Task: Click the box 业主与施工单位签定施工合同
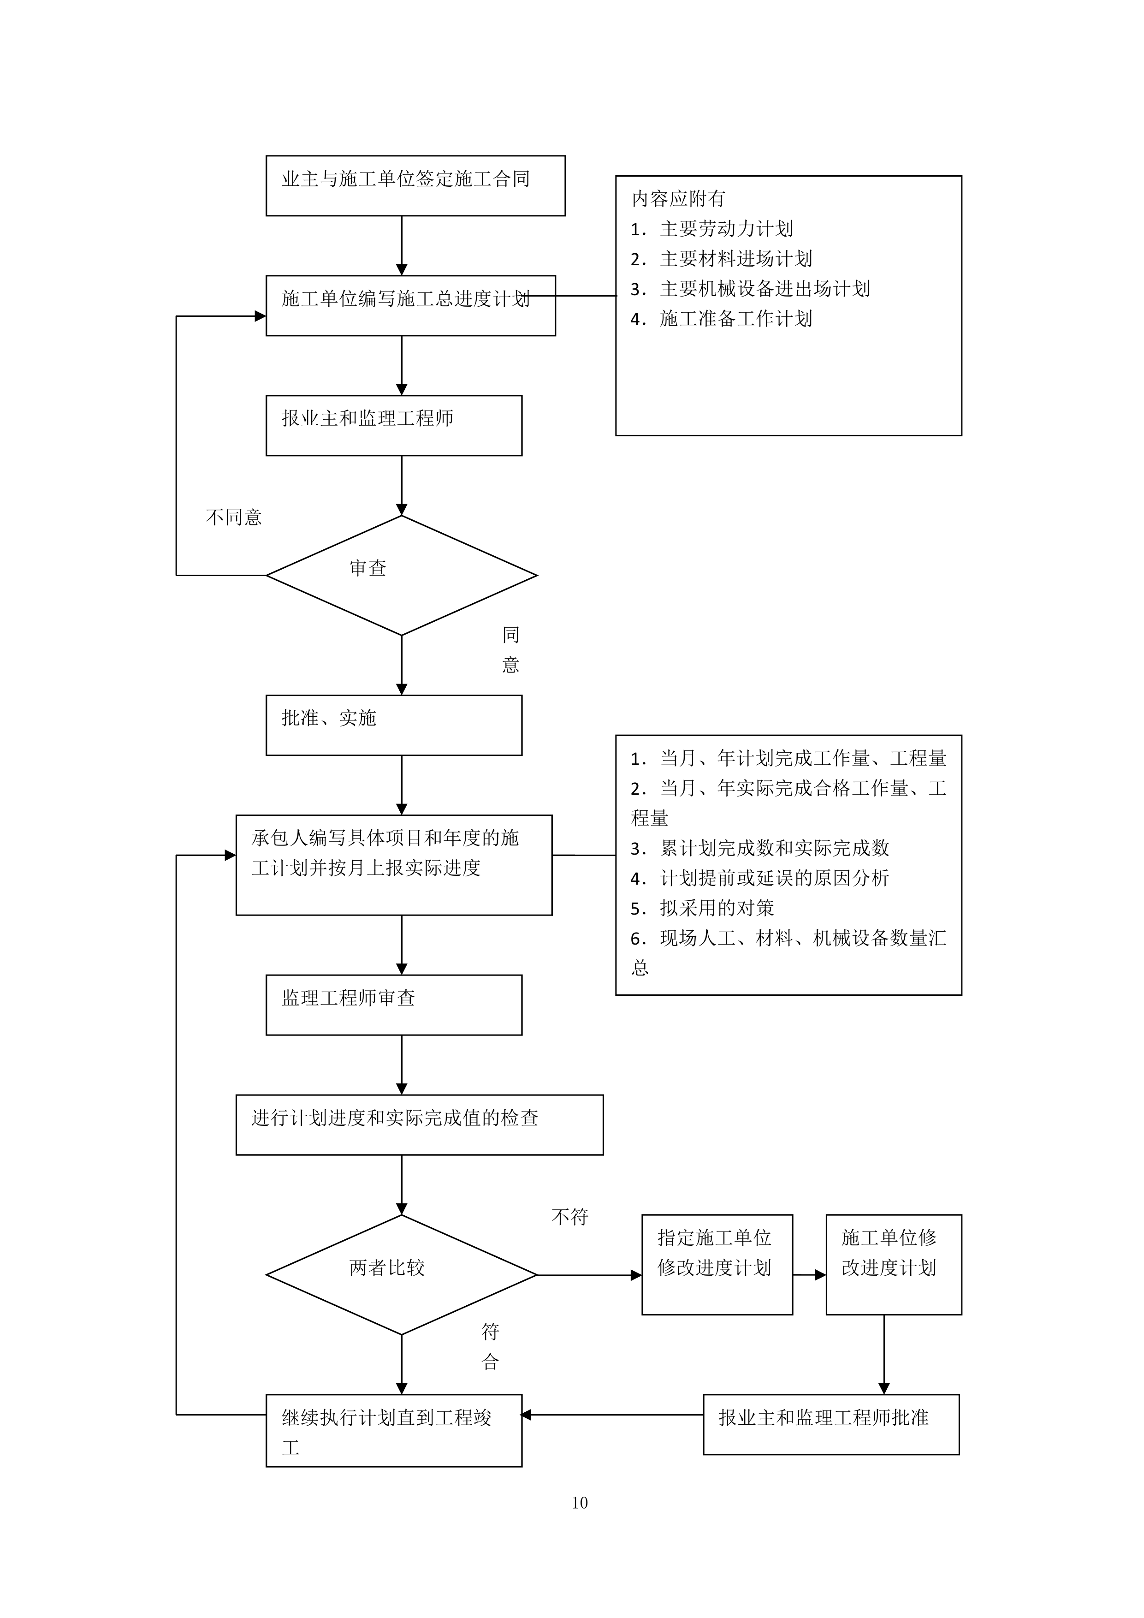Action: pos(415,185)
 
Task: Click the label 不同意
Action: pos(234,517)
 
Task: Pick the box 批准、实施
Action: pos(394,725)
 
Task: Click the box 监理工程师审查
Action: pos(394,1005)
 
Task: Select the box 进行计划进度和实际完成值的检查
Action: pos(419,1124)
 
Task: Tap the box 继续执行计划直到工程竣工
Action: pos(394,1431)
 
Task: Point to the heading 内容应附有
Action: pos(678,199)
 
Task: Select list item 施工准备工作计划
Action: pos(735,319)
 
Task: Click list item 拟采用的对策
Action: pos(717,908)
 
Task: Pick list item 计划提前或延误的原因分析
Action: pos(773,878)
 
